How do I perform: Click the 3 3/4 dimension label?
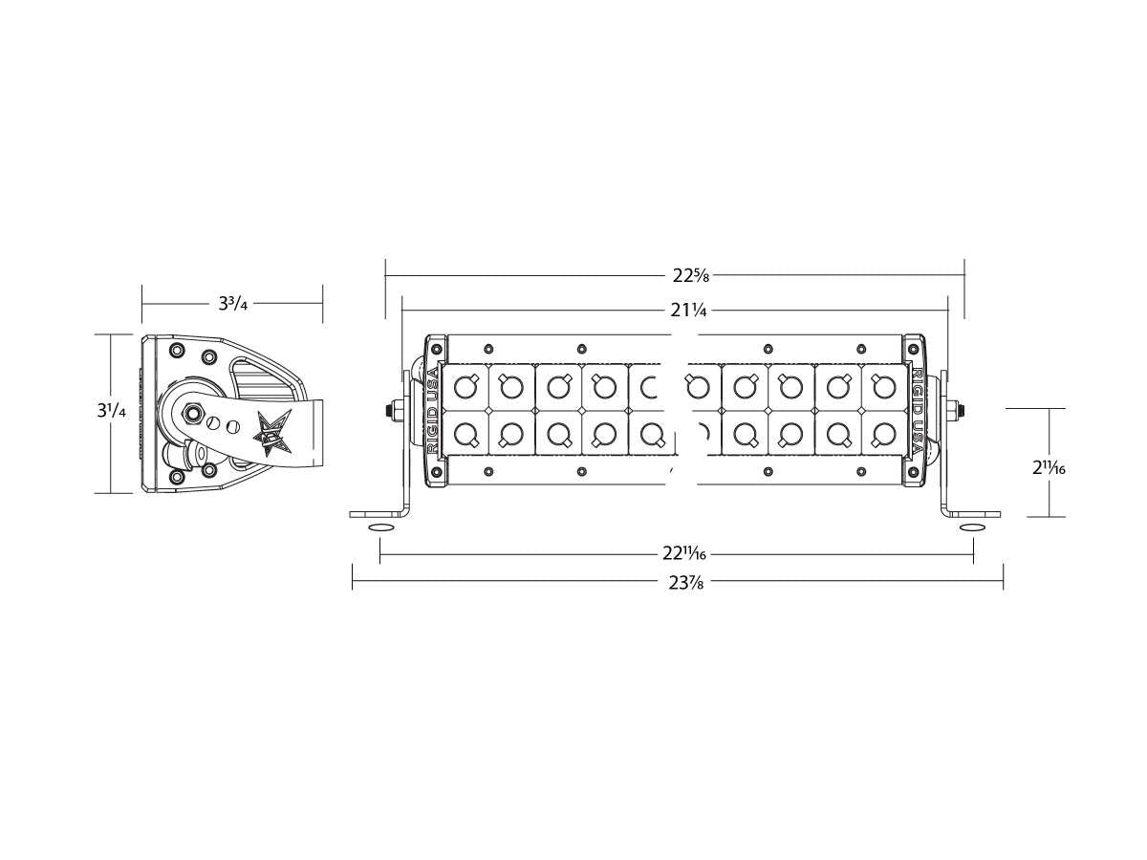(x=232, y=304)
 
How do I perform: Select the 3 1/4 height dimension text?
(x=111, y=414)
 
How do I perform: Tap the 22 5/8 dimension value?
(x=690, y=276)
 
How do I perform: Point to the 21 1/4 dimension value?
(x=689, y=310)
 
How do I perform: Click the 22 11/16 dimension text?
(x=684, y=553)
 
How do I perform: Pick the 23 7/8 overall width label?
(x=684, y=584)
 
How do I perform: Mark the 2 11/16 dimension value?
(x=1049, y=468)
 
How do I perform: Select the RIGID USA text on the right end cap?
(x=918, y=410)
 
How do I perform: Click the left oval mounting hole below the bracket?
(x=380, y=528)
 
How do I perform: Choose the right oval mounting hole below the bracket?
(x=972, y=528)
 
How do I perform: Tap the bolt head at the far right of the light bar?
(x=962, y=410)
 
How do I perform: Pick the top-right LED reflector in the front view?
(x=884, y=387)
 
